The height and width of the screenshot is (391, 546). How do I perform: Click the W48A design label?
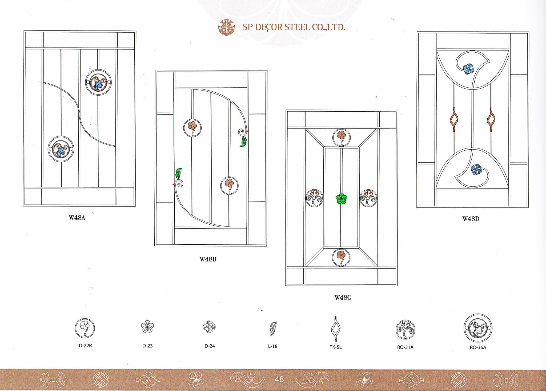[x=77, y=218]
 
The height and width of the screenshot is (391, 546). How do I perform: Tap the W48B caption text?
[x=208, y=259]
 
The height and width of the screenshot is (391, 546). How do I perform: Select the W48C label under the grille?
[x=343, y=298]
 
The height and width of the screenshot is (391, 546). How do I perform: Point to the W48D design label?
[x=471, y=219]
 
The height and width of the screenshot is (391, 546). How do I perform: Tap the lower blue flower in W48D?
[x=475, y=170]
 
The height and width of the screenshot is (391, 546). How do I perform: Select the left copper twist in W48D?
[x=454, y=120]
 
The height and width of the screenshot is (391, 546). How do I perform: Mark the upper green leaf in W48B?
[x=243, y=142]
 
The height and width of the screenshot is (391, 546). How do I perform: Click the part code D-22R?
[x=85, y=346]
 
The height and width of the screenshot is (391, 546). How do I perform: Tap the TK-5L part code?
[x=335, y=347]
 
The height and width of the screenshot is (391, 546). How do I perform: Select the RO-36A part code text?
[x=478, y=348]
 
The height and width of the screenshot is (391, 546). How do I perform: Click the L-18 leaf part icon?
[x=273, y=329]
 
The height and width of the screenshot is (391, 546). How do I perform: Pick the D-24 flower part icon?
[x=209, y=327]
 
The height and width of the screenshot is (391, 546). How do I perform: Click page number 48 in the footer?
[x=279, y=379]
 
